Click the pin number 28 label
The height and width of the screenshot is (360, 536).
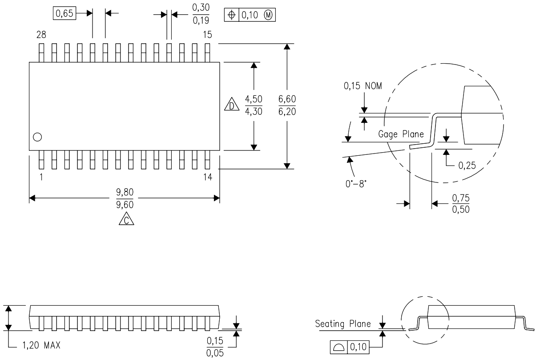tap(41, 35)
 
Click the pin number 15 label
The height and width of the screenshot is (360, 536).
tap(207, 35)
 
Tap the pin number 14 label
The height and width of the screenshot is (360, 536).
tap(207, 177)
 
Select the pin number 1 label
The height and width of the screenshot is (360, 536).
tap(41, 177)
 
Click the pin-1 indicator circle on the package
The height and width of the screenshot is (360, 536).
tap(37, 137)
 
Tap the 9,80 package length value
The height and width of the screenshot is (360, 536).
tap(124, 192)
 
